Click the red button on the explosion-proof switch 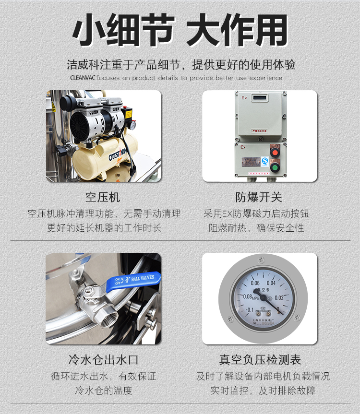click(275, 153)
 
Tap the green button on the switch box click(275, 167)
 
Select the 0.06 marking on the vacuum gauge click(255, 283)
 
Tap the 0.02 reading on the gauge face click(279, 297)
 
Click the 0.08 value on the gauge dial click(247, 296)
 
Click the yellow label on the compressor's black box click(128, 115)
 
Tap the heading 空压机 click(103, 197)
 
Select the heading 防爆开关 click(259, 197)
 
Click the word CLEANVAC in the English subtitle click(83, 78)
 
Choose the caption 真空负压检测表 click(260, 360)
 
